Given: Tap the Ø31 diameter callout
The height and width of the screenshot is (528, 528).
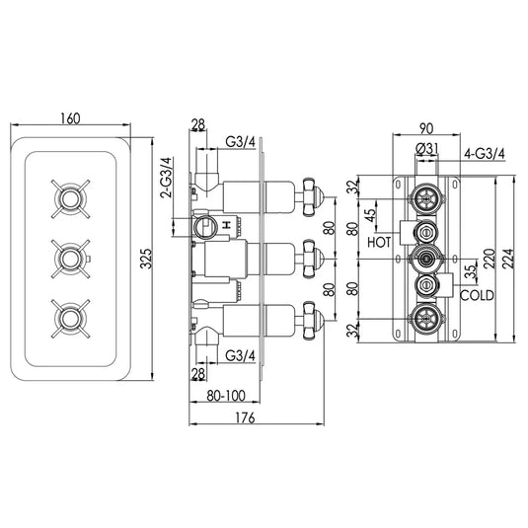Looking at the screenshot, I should (427, 149).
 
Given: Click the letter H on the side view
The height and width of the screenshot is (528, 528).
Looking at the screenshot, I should (227, 224).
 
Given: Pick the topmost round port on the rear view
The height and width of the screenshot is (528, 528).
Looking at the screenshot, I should (425, 194).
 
